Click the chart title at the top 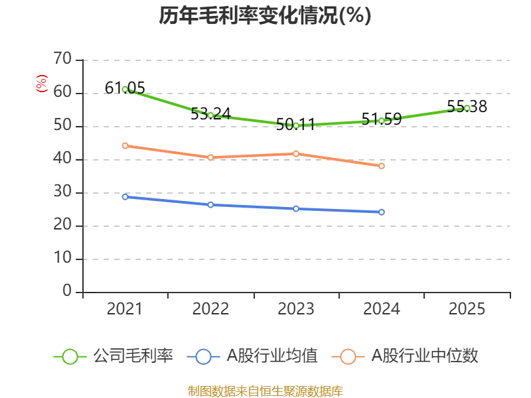pos(265,16)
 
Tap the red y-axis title pos(41,84)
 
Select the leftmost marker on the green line pos(125,90)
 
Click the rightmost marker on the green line pos(467,108)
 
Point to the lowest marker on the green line pos(296,125)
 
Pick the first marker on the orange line pos(125,145)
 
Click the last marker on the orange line pos(382,166)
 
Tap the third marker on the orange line pos(296,154)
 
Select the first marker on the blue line pos(125,197)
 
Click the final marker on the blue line pos(382,212)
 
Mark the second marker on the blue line pos(210,205)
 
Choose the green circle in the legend pos(70,357)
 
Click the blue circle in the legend pos(203,357)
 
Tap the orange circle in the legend pos(348,357)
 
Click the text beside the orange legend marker pos(425,356)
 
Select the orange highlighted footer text pos(265,391)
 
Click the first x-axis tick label pos(125,309)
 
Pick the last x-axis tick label pos(467,309)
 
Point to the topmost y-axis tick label pos(64,57)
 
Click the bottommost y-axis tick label pos(66,289)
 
